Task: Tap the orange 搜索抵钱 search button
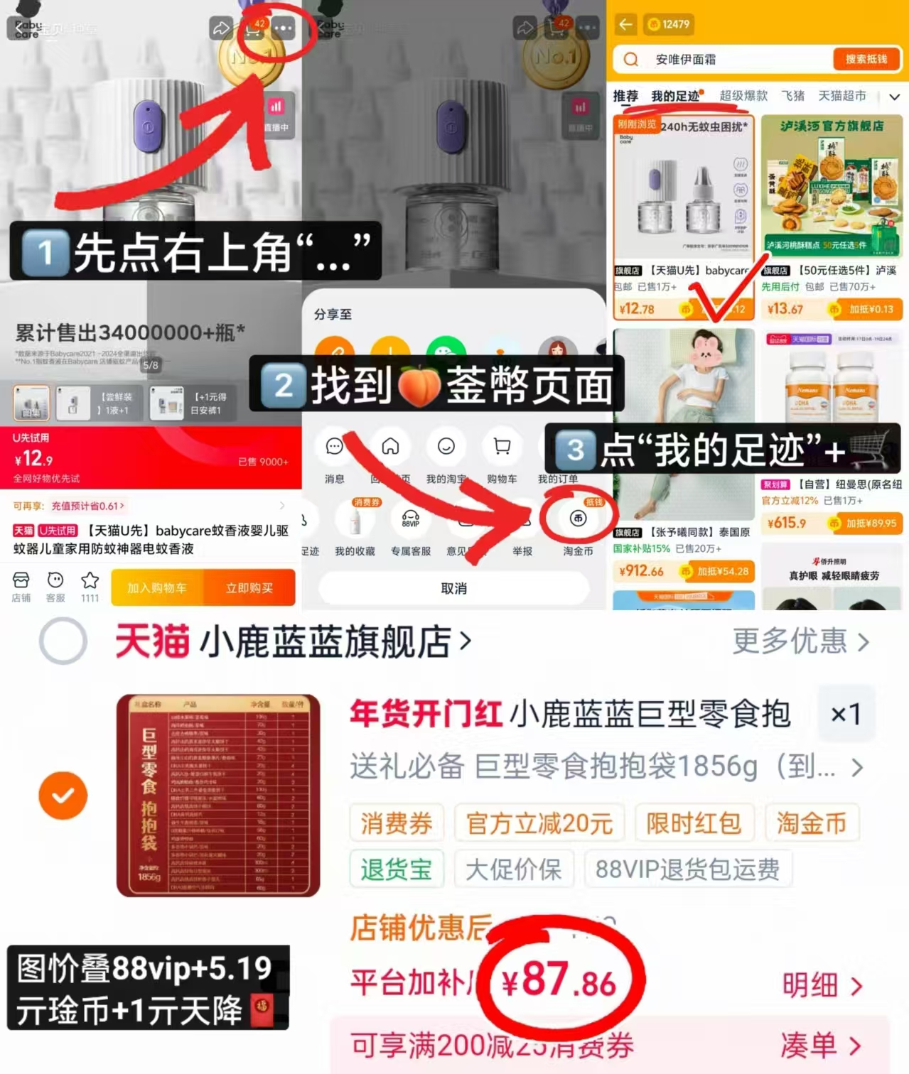point(866,59)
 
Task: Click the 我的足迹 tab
point(675,96)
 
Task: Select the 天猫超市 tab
point(841,96)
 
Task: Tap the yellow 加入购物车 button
point(157,588)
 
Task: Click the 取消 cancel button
point(453,588)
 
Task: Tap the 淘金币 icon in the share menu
point(578,519)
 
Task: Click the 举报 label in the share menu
point(522,551)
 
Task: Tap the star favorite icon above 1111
point(90,580)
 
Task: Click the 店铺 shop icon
point(21,580)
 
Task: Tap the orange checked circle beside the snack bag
point(63,796)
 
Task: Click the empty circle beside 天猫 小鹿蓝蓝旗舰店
point(63,641)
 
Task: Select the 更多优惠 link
point(800,641)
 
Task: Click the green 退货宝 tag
point(397,869)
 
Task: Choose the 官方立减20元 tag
point(539,823)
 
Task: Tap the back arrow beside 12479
point(625,24)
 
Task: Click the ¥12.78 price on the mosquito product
point(637,309)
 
